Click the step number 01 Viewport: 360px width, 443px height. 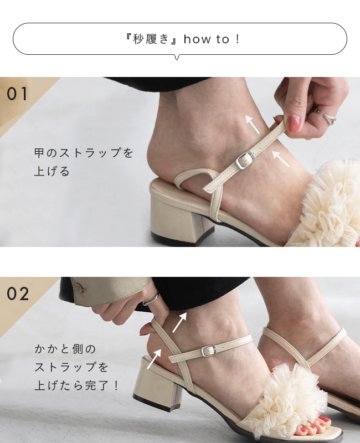pyautogui.click(x=18, y=94)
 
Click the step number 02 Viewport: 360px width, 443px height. pyautogui.click(x=18, y=294)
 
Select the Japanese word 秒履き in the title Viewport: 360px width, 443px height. pyautogui.click(x=151, y=39)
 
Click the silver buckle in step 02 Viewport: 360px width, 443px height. pyautogui.click(x=209, y=351)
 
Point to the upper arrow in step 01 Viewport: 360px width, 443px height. pyautogui.click(x=252, y=124)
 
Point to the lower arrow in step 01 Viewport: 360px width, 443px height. pyautogui.click(x=281, y=158)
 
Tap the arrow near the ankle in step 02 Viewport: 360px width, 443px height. pyautogui.click(x=179, y=322)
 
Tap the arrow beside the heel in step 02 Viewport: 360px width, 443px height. pyautogui.click(x=154, y=359)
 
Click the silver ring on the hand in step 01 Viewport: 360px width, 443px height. pyautogui.click(x=329, y=119)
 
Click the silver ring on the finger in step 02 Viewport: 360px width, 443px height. pyautogui.click(x=151, y=299)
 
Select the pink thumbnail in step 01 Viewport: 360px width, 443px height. pyautogui.click(x=294, y=124)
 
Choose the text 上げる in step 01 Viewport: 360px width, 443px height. pyautogui.click(x=52, y=171)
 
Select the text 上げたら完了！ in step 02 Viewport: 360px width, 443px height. pyautogui.click(x=77, y=385)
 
